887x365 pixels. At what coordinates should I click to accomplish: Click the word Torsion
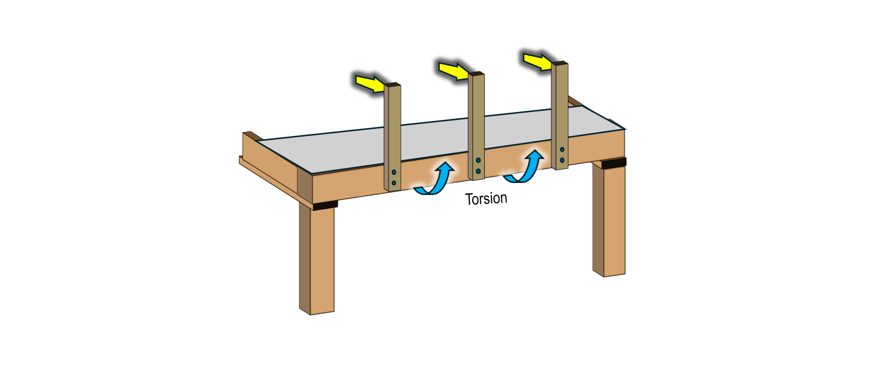point(486,199)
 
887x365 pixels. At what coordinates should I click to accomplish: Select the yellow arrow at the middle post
point(453,70)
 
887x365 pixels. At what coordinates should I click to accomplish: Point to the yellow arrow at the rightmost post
point(537,61)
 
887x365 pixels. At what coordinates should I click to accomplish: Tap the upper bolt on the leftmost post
point(394,172)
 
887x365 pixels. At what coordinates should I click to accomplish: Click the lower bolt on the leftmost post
point(394,183)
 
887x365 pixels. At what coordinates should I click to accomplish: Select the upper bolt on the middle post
point(478,160)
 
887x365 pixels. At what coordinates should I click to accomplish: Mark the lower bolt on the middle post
point(478,171)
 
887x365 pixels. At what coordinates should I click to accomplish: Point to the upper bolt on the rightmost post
point(562,149)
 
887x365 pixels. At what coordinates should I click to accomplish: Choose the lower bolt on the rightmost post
point(562,160)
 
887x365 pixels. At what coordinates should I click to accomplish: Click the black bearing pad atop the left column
point(325,204)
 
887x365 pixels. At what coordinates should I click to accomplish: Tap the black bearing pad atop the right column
point(614,163)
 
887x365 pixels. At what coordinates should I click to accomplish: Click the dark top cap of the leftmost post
point(392,84)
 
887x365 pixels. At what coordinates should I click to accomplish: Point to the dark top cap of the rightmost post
point(560,63)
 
